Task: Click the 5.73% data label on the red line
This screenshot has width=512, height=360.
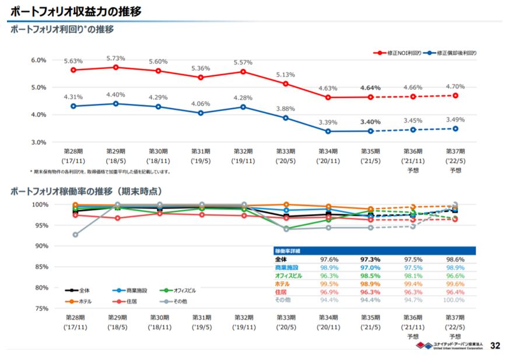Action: tap(115, 58)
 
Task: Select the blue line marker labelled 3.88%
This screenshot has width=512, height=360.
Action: tap(286, 118)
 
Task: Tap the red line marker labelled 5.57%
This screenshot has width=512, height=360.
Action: tap(243, 72)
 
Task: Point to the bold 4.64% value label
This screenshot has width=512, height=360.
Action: tap(370, 88)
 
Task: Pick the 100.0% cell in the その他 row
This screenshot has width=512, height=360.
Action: tap(454, 300)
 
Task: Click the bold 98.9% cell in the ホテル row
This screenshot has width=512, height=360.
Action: tap(370, 284)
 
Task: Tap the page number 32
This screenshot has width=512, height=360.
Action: tap(495, 346)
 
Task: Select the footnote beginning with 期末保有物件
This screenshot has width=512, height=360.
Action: tap(100, 172)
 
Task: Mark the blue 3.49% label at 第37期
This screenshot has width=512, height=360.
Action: tap(454, 120)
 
